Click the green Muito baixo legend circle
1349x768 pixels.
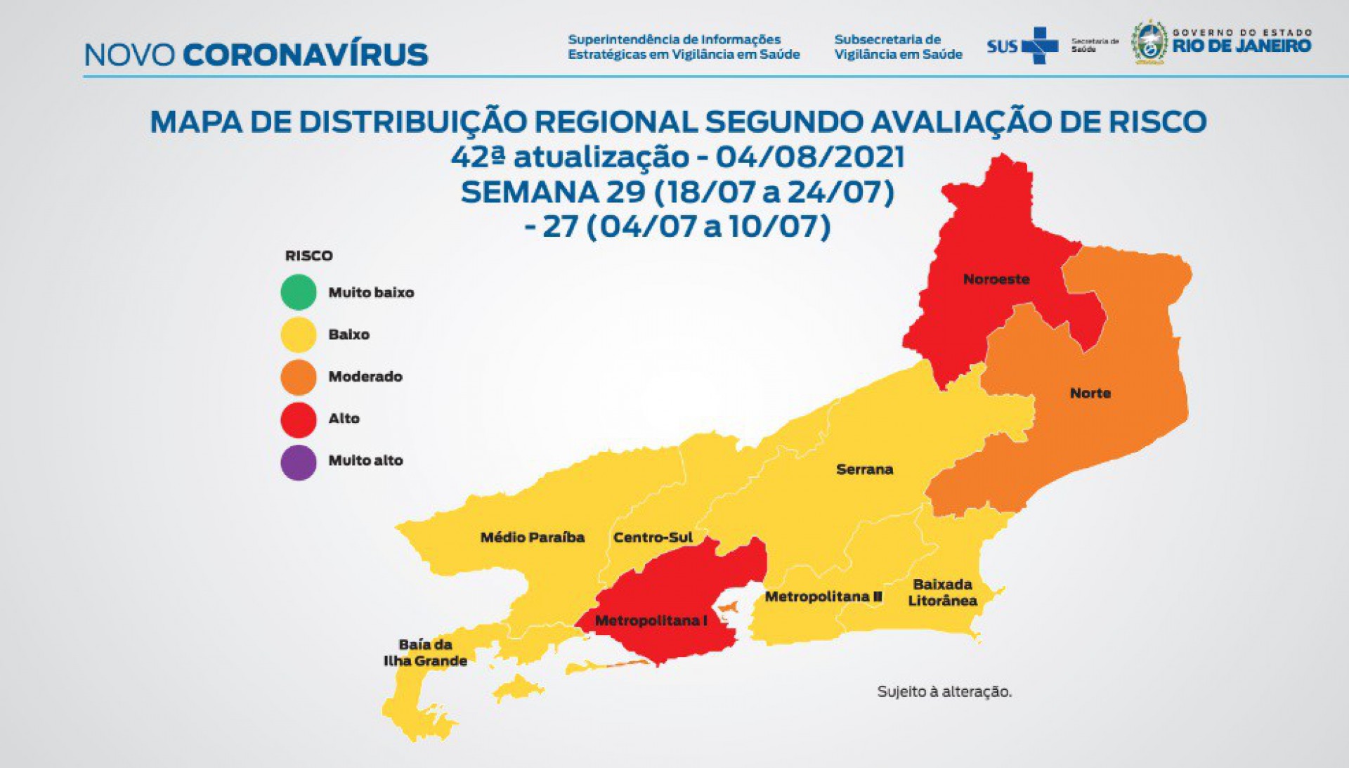click(299, 292)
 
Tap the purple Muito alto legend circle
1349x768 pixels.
click(299, 462)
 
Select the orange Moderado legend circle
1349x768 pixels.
click(299, 377)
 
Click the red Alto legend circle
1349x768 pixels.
click(299, 419)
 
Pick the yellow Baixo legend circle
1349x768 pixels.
click(299, 334)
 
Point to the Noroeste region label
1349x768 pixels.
click(996, 280)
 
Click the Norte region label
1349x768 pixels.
click(1090, 393)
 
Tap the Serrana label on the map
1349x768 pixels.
click(864, 469)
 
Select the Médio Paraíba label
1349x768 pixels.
click(532, 538)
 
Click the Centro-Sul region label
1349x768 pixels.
click(653, 538)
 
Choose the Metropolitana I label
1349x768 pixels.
click(651, 621)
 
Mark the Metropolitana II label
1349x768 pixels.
click(823, 597)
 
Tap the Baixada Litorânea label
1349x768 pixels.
click(942, 592)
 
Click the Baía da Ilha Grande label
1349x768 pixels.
click(425, 653)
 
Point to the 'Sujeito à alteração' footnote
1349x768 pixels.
click(944, 692)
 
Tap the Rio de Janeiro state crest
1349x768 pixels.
click(1149, 43)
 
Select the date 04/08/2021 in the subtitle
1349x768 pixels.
click(809, 157)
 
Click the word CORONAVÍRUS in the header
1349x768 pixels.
click(305, 55)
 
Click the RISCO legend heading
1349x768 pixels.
click(308, 256)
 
